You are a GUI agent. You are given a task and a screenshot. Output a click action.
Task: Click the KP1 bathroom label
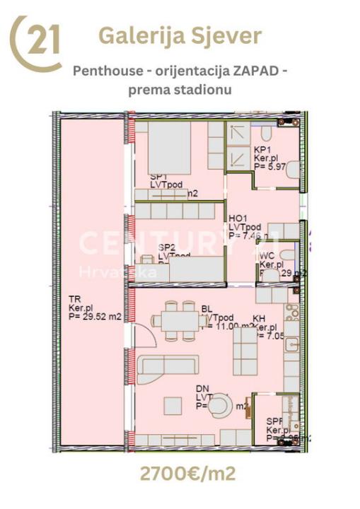261,150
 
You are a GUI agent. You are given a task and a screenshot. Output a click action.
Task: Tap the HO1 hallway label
237,218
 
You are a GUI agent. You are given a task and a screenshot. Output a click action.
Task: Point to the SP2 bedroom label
167,247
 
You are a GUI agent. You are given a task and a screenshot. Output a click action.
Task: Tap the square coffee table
173,406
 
